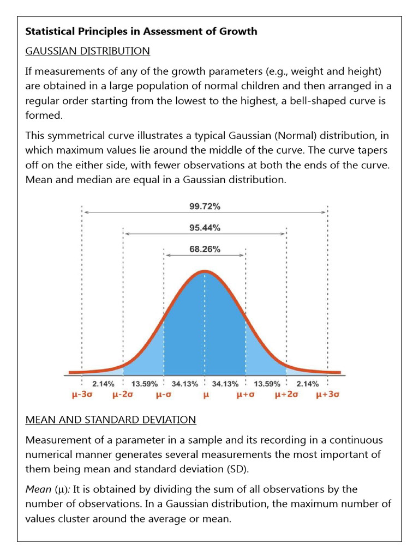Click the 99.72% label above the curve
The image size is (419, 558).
pyautogui.click(x=205, y=207)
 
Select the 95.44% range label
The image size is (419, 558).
pyautogui.click(x=205, y=228)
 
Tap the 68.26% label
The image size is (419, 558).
pyautogui.click(x=205, y=249)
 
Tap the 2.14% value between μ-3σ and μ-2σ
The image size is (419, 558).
pyautogui.click(x=103, y=384)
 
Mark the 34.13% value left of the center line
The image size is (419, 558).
pyautogui.click(x=184, y=384)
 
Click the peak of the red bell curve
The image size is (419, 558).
pyautogui.click(x=205, y=271)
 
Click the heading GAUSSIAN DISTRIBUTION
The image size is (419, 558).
pyautogui.click(x=88, y=51)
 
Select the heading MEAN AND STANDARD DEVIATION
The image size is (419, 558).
pyautogui.click(x=111, y=420)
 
